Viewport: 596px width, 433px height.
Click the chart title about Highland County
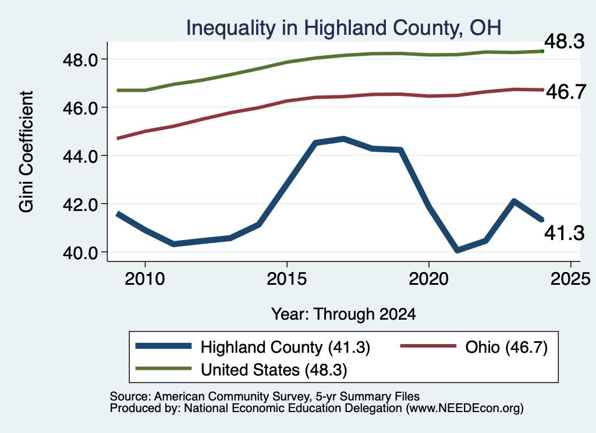click(343, 28)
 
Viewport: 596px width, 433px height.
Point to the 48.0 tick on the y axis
click(81, 60)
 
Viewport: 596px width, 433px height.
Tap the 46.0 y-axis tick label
click(81, 108)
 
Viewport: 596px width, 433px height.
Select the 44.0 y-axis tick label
click(81, 156)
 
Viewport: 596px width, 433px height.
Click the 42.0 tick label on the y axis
click(81, 205)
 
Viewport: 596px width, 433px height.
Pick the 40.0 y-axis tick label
click(81, 253)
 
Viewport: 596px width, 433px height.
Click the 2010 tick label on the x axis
click(145, 280)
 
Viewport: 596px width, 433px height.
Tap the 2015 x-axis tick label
click(286, 280)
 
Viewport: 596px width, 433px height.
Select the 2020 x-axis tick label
click(429, 280)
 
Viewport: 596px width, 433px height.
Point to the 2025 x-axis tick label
click(570, 280)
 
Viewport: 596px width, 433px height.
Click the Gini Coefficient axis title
click(27, 152)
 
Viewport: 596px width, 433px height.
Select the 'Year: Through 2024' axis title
click(343, 314)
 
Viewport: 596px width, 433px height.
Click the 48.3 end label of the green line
click(565, 41)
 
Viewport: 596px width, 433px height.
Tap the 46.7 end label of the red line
click(566, 92)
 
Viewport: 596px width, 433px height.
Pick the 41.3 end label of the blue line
click(565, 233)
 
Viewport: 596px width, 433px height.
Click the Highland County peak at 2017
click(343, 139)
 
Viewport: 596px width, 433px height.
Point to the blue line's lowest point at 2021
click(457, 250)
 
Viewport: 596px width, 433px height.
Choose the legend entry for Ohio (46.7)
click(474, 347)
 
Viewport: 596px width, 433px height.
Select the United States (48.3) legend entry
click(242, 370)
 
